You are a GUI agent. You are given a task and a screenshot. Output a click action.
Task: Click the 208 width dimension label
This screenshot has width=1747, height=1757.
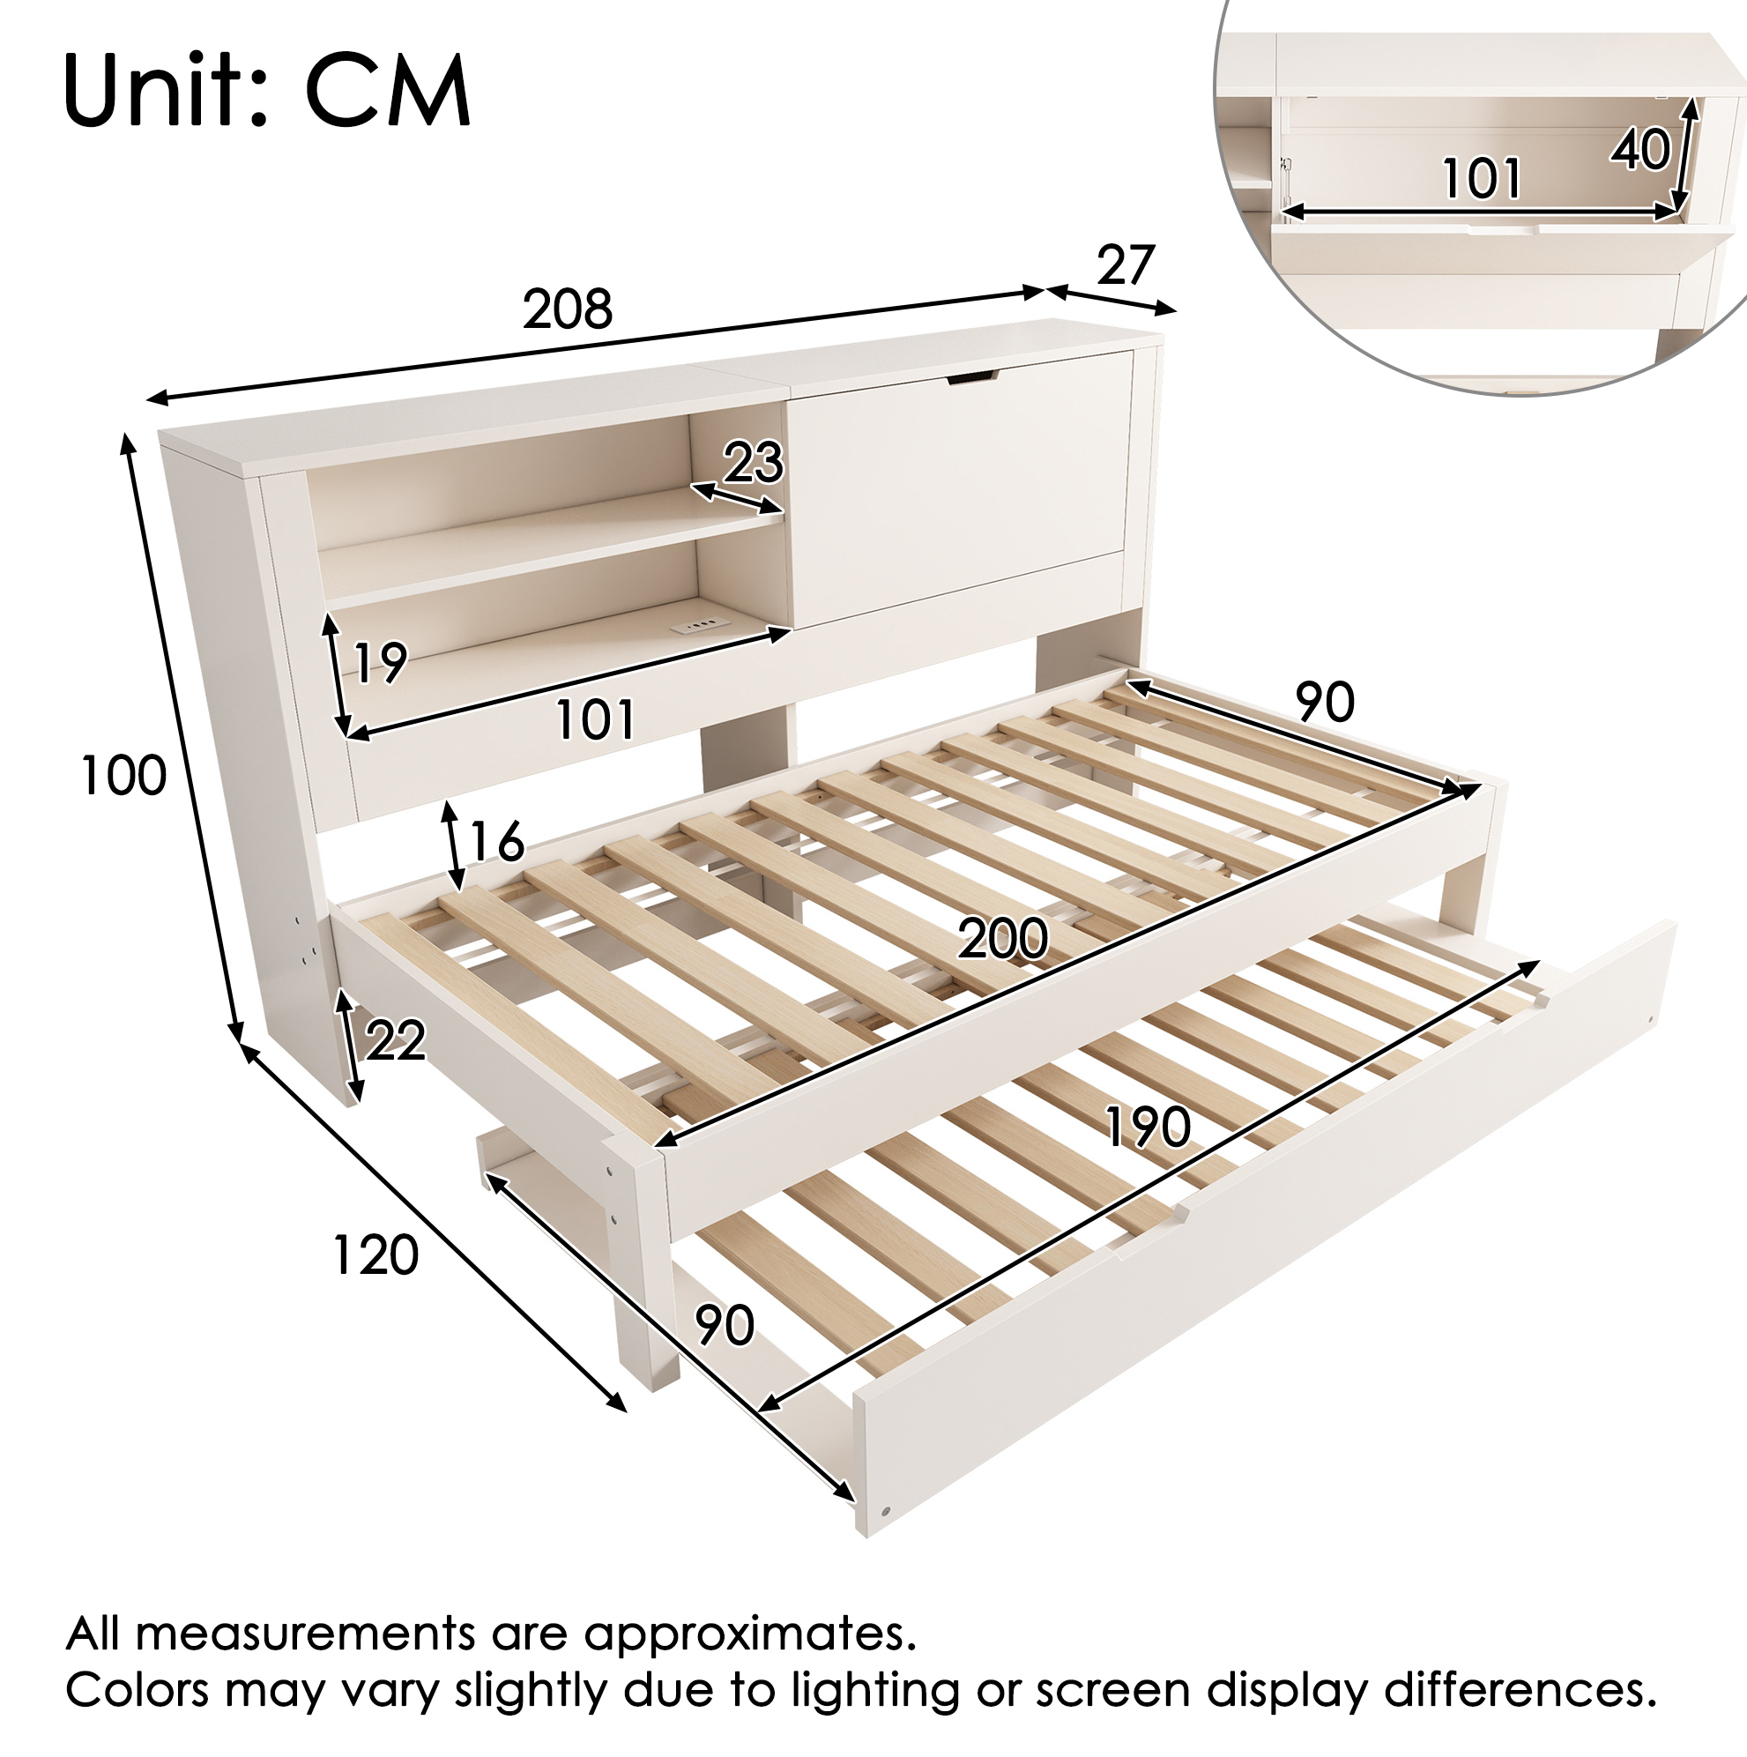click(x=568, y=309)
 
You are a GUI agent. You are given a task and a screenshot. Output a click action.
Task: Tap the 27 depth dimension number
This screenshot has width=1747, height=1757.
click(x=1125, y=265)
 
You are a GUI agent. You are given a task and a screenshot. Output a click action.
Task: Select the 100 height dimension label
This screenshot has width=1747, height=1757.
click(x=123, y=777)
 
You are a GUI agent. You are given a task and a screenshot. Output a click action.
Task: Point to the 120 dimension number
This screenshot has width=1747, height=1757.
click(x=375, y=1255)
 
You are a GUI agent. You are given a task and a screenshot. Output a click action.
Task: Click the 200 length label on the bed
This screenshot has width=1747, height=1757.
click(x=1002, y=939)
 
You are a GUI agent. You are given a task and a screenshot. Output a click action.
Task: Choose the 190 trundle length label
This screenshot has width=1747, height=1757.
click(x=1148, y=1128)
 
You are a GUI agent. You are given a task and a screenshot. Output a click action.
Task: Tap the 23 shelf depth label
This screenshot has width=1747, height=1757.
click(x=753, y=463)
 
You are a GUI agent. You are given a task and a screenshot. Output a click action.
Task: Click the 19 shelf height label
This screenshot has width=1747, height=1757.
click(x=379, y=662)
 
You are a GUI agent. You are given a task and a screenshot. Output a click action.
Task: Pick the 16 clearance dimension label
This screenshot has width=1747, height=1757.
click(x=496, y=841)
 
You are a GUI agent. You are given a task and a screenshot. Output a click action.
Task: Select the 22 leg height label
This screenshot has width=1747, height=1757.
click(x=396, y=1041)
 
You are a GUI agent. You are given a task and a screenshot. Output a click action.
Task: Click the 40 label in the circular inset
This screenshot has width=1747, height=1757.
click(x=1640, y=149)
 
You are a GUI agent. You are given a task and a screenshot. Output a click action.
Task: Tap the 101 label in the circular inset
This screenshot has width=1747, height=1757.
click(x=1482, y=178)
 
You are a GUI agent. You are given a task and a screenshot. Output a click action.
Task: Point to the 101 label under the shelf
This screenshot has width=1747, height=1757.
click(x=595, y=720)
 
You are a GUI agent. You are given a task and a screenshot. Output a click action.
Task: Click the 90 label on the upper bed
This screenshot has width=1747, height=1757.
click(x=1325, y=702)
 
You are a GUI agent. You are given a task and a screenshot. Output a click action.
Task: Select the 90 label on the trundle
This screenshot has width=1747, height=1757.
click(x=725, y=1325)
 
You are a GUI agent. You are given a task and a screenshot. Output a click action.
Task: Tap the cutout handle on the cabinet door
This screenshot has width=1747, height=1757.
click(x=971, y=376)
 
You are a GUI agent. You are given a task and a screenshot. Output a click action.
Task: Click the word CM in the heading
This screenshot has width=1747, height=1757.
click(x=388, y=93)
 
